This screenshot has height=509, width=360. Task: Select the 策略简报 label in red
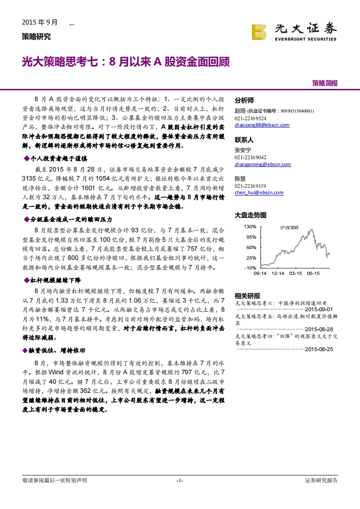click(x=325, y=83)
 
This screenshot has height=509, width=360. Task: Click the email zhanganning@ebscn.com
click(x=263, y=164)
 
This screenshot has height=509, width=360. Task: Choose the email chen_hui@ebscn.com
click(x=259, y=192)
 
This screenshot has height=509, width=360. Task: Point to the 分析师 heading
click(x=244, y=101)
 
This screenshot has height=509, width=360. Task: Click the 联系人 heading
click(x=244, y=140)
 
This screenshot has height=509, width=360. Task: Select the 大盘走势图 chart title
click(x=251, y=215)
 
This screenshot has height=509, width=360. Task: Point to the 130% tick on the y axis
click(x=250, y=226)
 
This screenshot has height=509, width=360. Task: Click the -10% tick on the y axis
click(x=250, y=268)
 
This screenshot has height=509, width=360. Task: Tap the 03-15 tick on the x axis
click(x=296, y=274)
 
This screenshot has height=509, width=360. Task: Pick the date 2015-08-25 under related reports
click(x=319, y=349)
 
